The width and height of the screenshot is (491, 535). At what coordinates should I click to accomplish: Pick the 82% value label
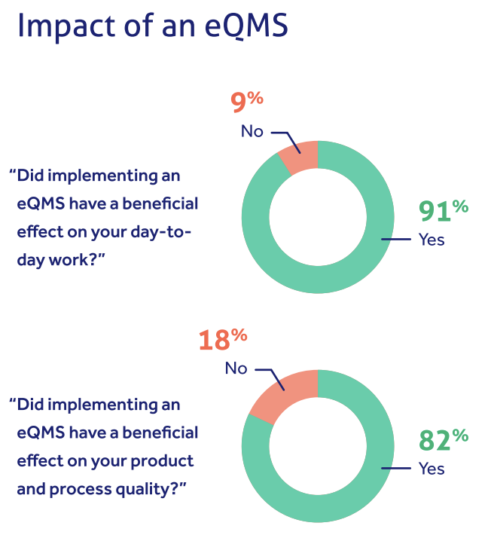(x=444, y=439)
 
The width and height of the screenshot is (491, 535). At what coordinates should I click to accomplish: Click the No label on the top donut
(x=252, y=132)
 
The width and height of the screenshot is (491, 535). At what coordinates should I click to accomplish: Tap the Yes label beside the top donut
(x=432, y=240)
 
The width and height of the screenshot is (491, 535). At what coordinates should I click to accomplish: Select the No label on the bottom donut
(x=236, y=369)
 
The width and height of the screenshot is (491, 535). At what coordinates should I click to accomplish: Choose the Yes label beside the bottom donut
(x=432, y=469)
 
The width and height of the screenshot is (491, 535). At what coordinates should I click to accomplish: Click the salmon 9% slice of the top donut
(x=300, y=157)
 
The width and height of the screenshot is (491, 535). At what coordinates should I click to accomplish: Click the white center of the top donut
(x=317, y=217)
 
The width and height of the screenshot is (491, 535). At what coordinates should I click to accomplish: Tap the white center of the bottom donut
(x=317, y=445)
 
